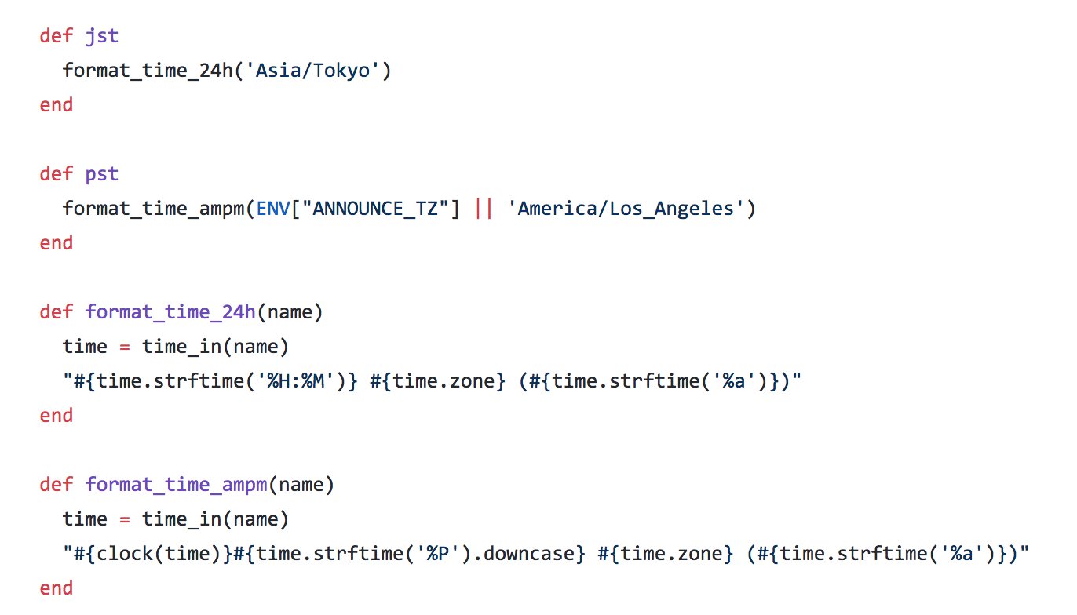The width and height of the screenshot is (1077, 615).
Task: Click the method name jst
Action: [x=102, y=36]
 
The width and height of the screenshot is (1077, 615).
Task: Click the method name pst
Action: [x=102, y=173]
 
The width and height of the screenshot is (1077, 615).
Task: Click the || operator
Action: [x=484, y=209]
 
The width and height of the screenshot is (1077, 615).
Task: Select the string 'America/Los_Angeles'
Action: [x=626, y=209]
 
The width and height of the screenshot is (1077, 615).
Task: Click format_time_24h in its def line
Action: [x=170, y=312]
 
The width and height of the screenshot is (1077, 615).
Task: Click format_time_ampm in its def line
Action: [x=177, y=485]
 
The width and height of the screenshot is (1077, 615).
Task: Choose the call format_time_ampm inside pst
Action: [x=154, y=209]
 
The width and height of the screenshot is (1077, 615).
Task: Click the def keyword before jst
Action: [x=57, y=36]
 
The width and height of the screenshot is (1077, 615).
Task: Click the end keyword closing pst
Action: [x=57, y=243]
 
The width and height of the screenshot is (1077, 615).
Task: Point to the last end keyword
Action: [x=57, y=588]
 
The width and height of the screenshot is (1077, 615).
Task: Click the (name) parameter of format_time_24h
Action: [x=290, y=312]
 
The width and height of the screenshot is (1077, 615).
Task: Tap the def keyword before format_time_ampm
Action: [x=57, y=485]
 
